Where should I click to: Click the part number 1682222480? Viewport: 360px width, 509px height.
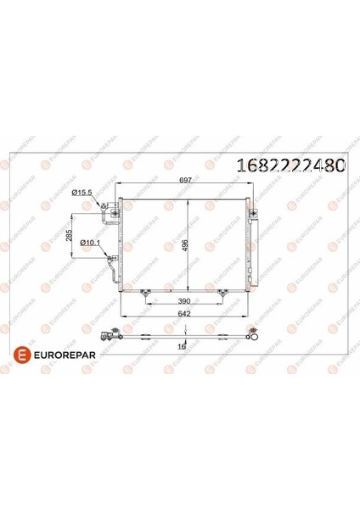pyautogui.click(x=290, y=165)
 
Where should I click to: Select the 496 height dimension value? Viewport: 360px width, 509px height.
pyautogui.click(x=184, y=245)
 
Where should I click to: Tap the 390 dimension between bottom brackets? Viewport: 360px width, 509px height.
pyautogui.click(x=184, y=301)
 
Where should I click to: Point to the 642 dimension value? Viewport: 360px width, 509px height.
pyautogui.click(x=184, y=313)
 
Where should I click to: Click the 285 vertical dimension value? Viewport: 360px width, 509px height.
pyautogui.click(x=69, y=235)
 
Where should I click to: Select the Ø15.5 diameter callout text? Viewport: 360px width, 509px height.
pyautogui.click(x=82, y=193)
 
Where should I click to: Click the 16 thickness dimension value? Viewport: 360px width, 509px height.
pyautogui.click(x=182, y=347)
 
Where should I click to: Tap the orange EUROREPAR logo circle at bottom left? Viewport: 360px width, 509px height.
pyautogui.click(x=22, y=355)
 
